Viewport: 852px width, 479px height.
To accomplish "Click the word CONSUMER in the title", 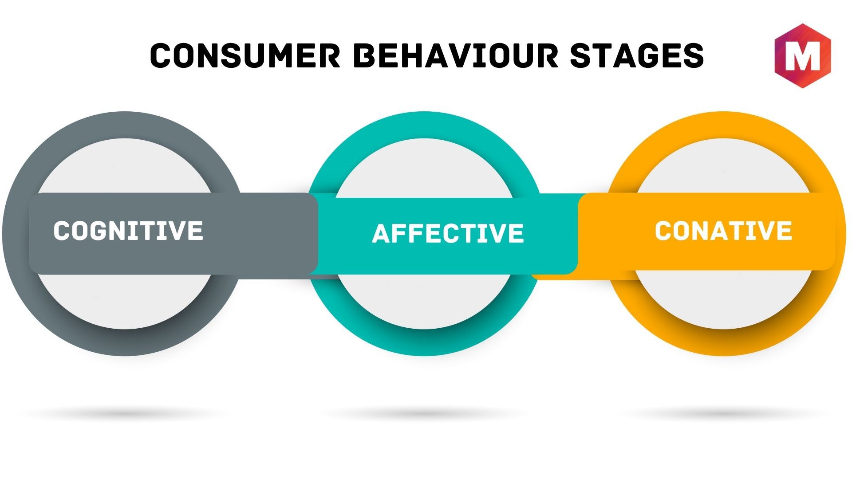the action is click(x=245, y=55).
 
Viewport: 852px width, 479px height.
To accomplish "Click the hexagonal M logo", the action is click(x=802, y=55).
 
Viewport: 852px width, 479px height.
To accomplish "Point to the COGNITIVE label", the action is click(x=128, y=231).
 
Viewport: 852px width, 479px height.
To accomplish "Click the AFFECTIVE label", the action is click(x=448, y=233).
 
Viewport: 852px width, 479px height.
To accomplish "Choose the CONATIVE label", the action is click(x=723, y=231).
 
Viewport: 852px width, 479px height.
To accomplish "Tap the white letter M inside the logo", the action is click(x=802, y=57).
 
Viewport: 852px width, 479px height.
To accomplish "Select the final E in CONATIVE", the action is click(x=784, y=231).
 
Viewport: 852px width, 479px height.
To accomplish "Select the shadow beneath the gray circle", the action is click(x=124, y=414).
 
